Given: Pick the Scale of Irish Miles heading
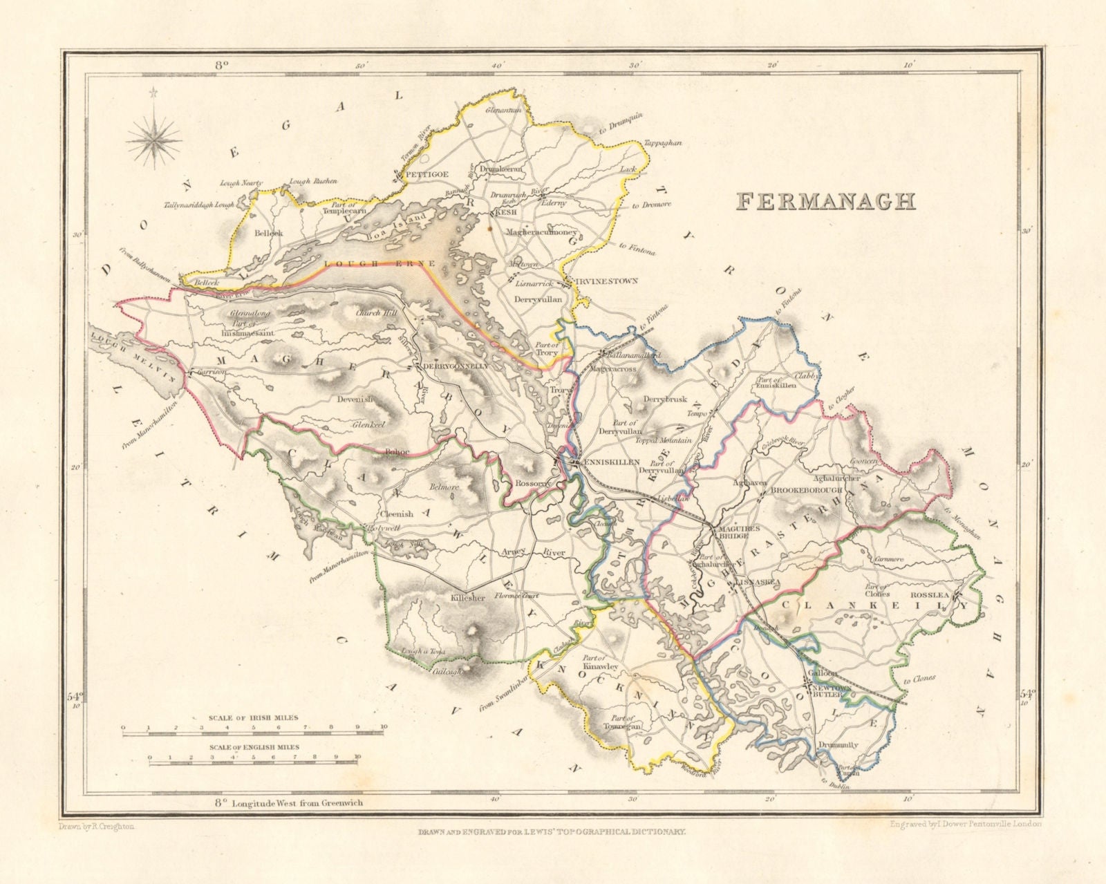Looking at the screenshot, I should coord(254,717).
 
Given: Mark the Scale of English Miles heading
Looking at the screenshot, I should coord(254,747).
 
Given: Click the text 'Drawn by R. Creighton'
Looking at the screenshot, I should coord(93,826).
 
